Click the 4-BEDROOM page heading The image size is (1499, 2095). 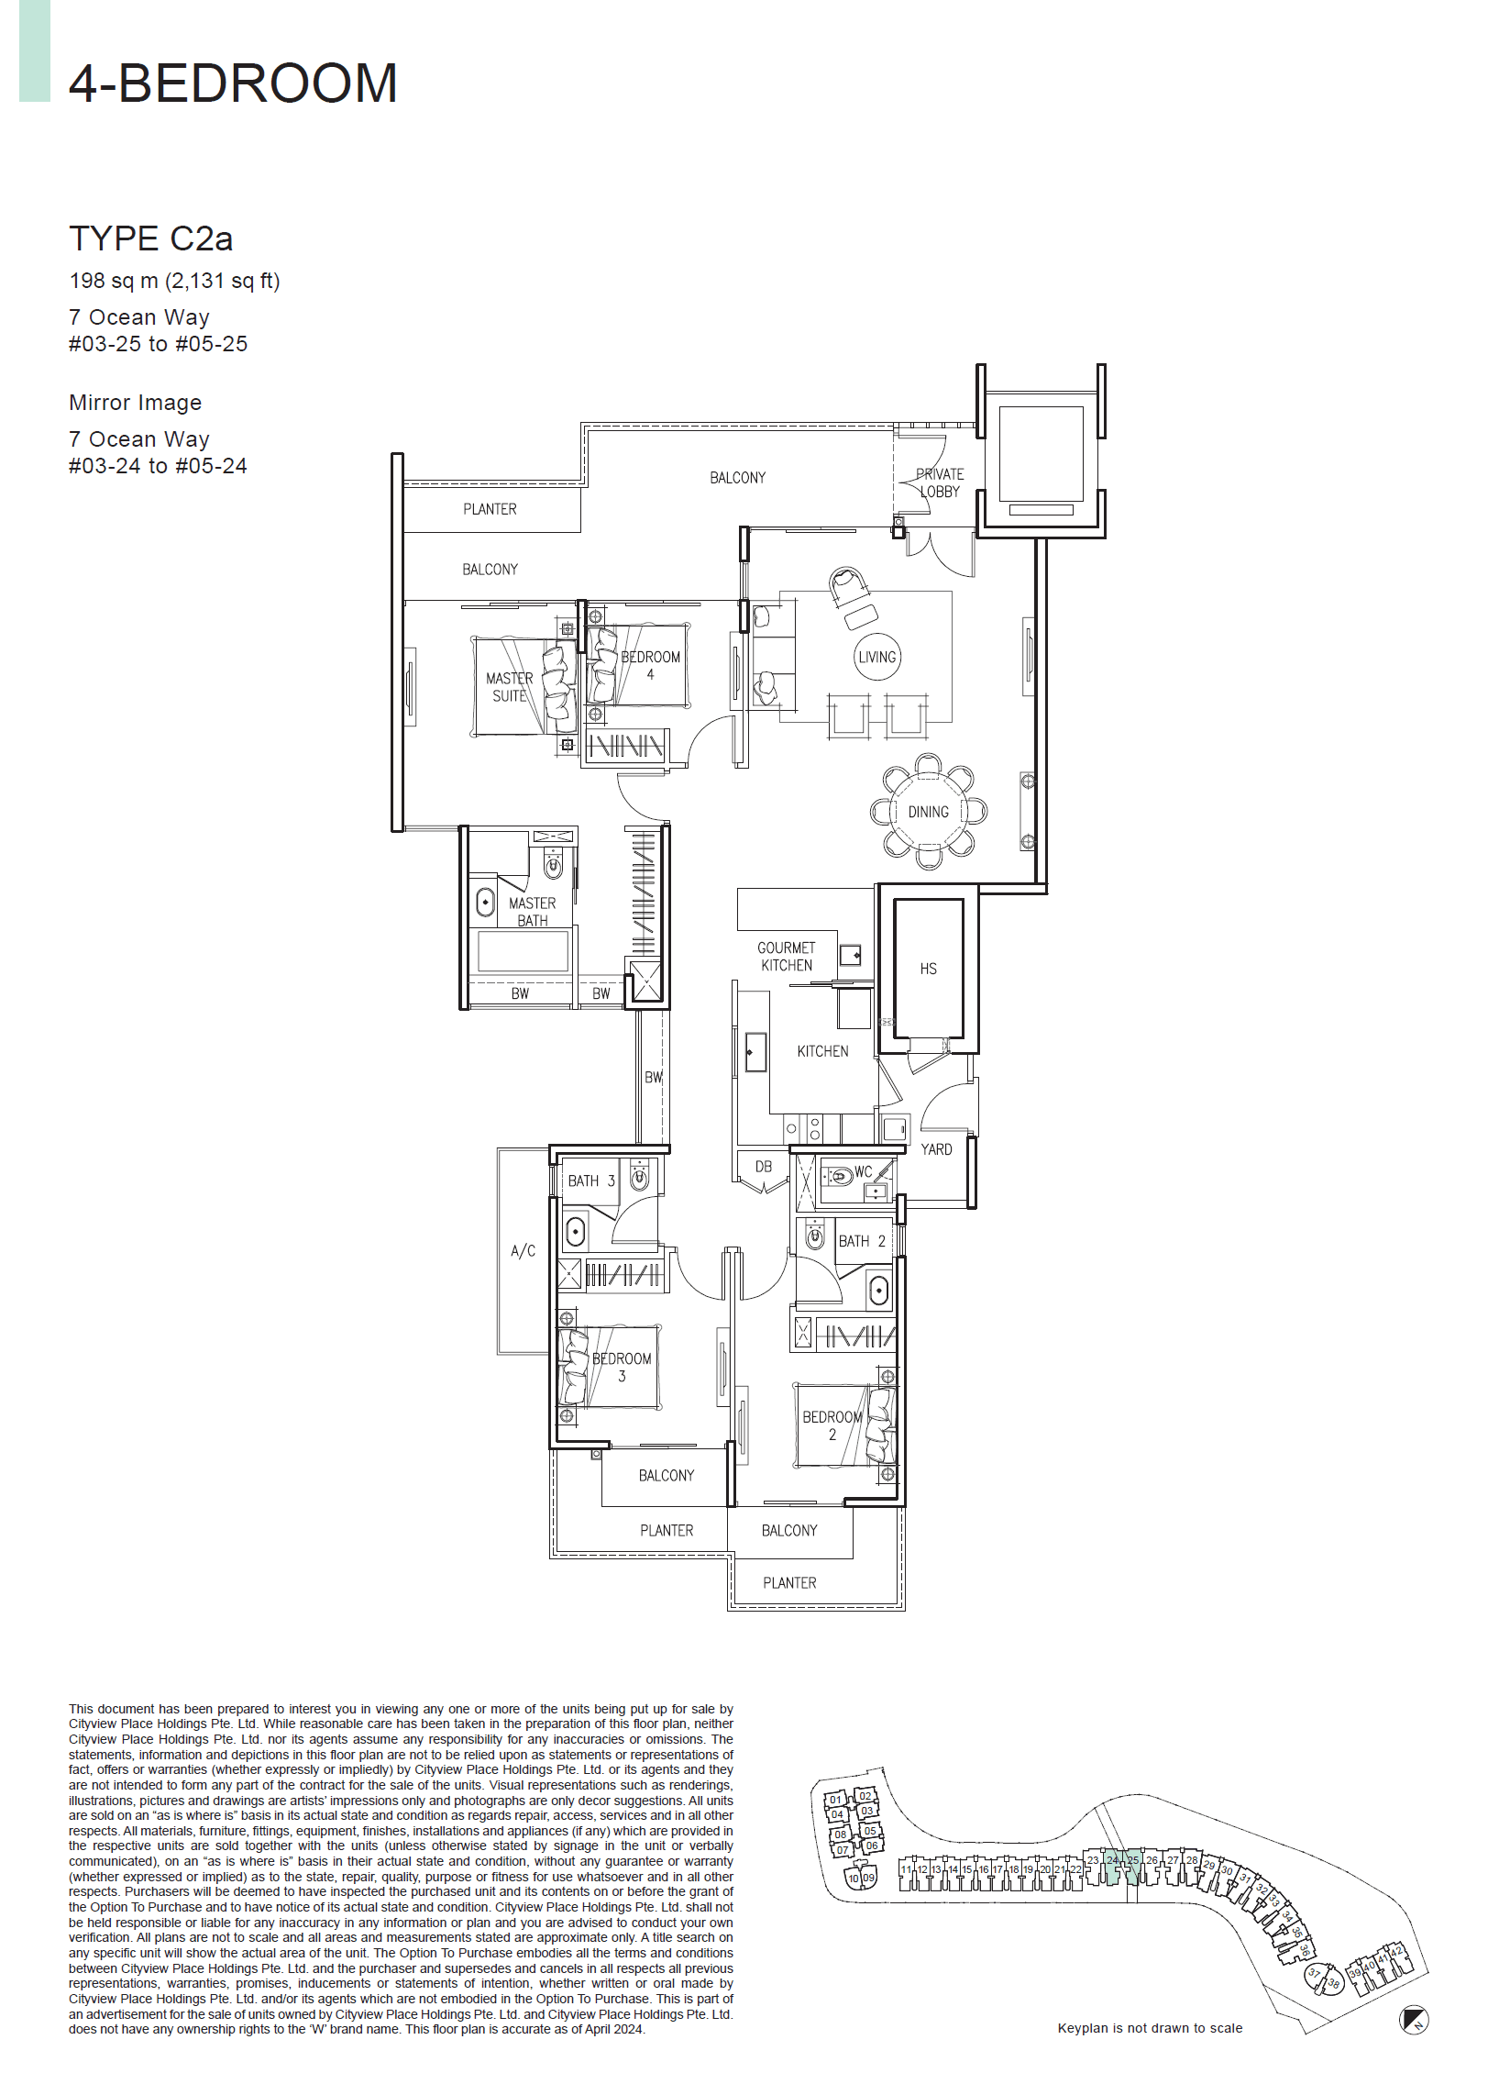(233, 83)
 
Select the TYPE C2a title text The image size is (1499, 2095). (150, 238)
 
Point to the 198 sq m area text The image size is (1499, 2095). (174, 281)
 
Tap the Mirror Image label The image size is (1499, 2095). (135, 403)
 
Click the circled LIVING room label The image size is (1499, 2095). (876, 657)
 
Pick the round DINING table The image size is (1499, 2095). (928, 812)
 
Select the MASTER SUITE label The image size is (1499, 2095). (510, 687)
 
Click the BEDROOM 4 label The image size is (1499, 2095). (650, 665)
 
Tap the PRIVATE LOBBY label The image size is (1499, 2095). (940, 482)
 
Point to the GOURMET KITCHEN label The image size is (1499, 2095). (787, 956)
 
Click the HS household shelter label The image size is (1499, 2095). (928, 969)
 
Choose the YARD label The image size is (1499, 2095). (936, 1148)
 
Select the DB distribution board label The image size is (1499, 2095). (764, 1166)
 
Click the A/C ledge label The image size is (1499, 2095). (523, 1251)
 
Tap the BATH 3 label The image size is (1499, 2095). (590, 1180)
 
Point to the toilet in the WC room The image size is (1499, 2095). (840, 1176)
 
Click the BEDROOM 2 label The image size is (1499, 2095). (832, 1424)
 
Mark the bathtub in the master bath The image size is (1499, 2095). (523, 952)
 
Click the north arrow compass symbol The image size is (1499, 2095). (1413, 2019)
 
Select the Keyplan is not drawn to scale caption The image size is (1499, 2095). (1149, 2028)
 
